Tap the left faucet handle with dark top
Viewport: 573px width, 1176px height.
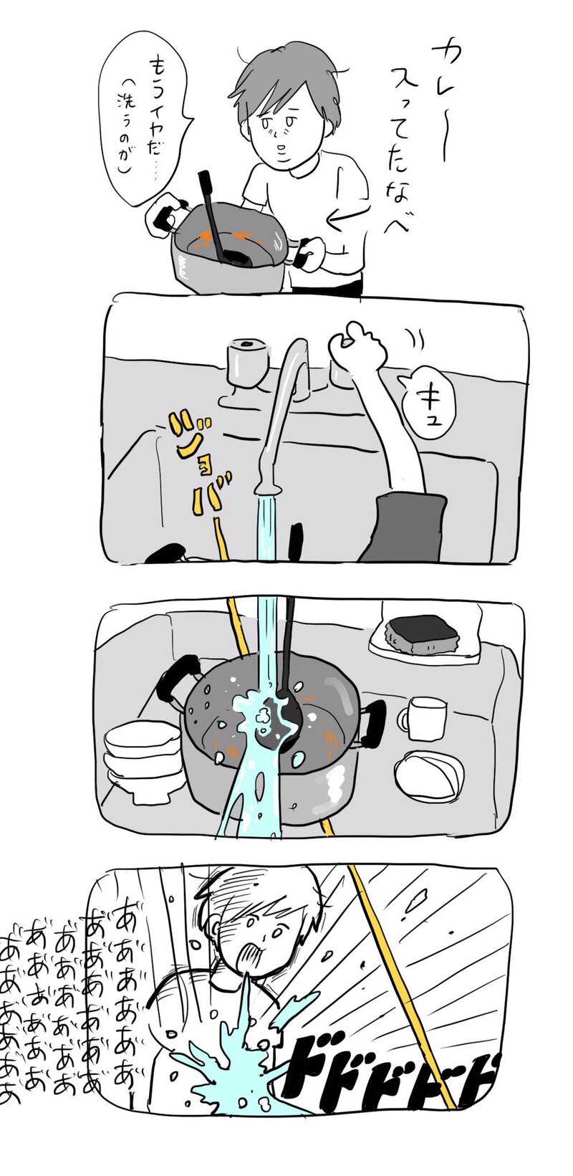(x=246, y=362)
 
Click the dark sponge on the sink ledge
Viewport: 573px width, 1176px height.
(x=422, y=635)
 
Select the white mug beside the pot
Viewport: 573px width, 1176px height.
(x=423, y=719)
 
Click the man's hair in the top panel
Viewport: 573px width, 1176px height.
(x=284, y=79)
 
